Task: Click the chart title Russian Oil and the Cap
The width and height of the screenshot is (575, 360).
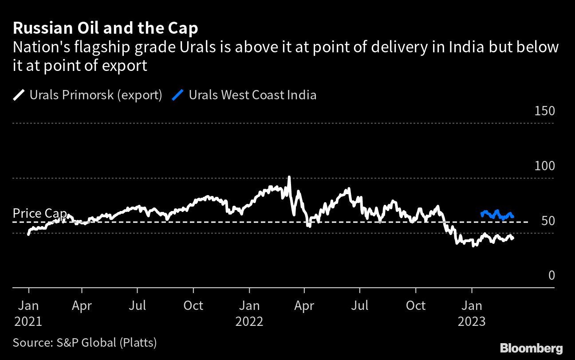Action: pyautogui.click(x=106, y=28)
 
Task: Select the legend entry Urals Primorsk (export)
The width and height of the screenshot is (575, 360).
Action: pyautogui.click(x=95, y=95)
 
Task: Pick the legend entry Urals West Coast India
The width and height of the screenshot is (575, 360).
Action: pyautogui.click(x=252, y=95)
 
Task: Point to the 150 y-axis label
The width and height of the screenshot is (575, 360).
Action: pyautogui.click(x=545, y=111)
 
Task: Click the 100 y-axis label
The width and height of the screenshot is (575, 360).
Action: pyautogui.click(x=545, y=166)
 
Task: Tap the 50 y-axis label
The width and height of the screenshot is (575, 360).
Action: pyautogui.click(x=548, y=221)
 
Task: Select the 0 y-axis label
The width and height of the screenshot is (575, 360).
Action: pyautogui.click(x=551, y=276)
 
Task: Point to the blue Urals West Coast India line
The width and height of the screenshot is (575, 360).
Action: pyautogui.click(x=497, y=215)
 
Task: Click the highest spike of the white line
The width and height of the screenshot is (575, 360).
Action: pyautogui.click(x=289, y=177)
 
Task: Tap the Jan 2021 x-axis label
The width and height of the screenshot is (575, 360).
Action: pyautogui.click(x=28, y=313)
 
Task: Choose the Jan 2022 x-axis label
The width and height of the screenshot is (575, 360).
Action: pyautogui.click(x=249, y=313)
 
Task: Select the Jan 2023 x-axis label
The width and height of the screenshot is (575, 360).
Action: pyautogui.click(x=472, y=313)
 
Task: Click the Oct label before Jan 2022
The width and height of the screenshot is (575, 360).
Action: pyautogui.click(x=193, y=305)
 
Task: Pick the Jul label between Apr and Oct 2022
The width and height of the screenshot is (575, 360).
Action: pyautogui.click(x=360, y=305)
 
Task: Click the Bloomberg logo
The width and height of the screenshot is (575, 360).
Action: pyautogui.click(x=531, y=348)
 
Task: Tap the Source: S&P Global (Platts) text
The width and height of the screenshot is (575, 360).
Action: pyautogui.click(x=85, y=342)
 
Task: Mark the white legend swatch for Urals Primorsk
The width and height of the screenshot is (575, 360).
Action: pyautogui.click(x=20, y=95)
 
